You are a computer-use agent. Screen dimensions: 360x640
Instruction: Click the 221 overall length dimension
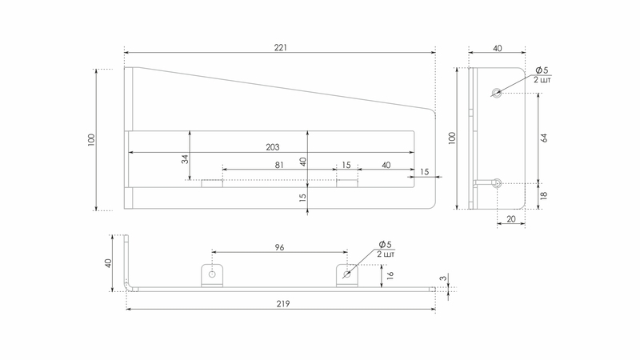(x=281, y=48)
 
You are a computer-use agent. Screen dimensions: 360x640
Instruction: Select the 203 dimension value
(x=272, y=146)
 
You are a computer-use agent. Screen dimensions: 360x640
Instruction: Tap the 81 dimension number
(x=279, y=165)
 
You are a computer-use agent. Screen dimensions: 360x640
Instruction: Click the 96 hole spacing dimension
(x=280, y=247)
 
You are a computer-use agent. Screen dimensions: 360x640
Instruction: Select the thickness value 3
(x=442, y=279)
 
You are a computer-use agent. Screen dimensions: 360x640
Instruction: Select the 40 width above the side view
(x=498, y=49)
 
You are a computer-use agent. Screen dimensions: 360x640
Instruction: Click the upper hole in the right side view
(x=498, y=93)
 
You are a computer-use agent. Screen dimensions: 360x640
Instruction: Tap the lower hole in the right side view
(x=498, y=183)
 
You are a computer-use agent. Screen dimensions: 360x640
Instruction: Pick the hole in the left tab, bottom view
(x=212, y=274)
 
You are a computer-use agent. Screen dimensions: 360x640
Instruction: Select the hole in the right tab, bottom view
(x=346, y=274)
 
